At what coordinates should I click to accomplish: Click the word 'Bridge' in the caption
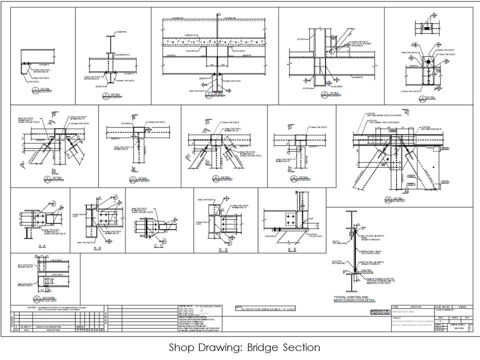click(x=267, y=347)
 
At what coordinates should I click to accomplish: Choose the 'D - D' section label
click(x=223, y=248)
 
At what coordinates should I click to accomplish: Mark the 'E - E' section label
click(x=291, y=248)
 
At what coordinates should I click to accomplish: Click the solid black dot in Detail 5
click(x=427, y=61)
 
